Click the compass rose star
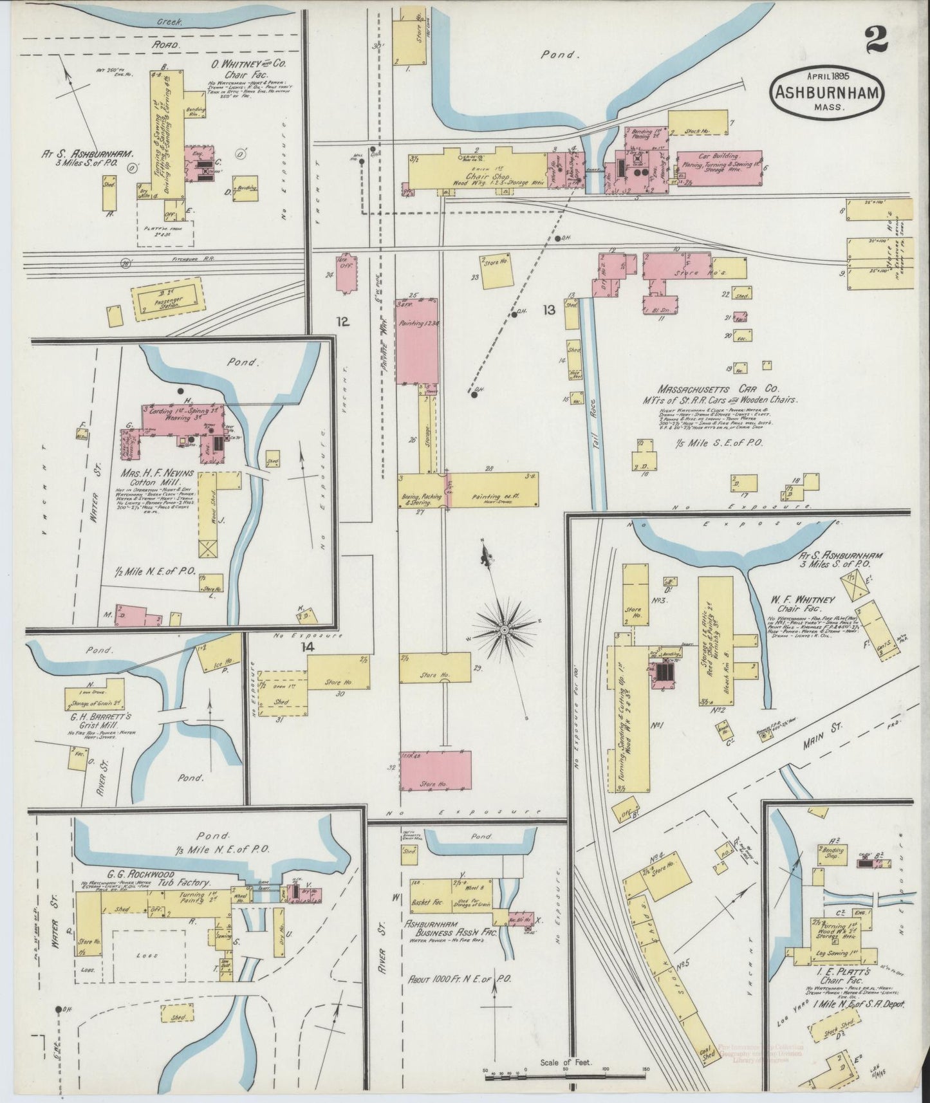(505, 628)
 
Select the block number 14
(309, 647)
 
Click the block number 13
(548, 310)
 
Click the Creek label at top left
(171, 21)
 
